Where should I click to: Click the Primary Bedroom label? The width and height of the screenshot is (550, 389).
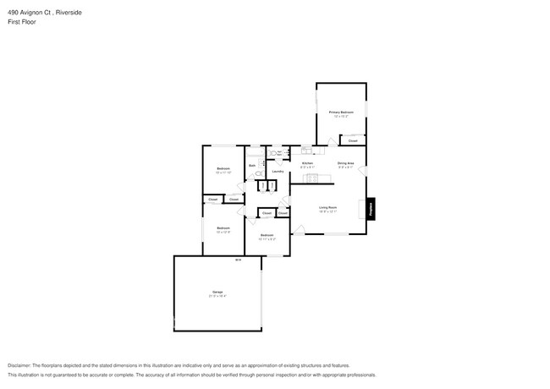click(x=340, y=112)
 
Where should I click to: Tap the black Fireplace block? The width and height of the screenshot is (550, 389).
click(x=371, y=210)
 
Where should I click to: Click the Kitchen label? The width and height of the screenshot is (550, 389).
click(x=307, y=163)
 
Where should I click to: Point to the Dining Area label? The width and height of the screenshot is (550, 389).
click(x=345, y=163)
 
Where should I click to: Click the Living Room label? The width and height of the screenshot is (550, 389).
click(x=327, y=207)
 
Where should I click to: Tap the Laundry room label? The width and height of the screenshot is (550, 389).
click(x=277, y=172)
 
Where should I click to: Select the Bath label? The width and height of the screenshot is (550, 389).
click(x=252, y=165)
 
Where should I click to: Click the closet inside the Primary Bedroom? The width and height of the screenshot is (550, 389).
click(x=353, y=140)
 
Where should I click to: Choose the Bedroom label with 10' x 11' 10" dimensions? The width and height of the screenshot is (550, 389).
click(x=223, y=169)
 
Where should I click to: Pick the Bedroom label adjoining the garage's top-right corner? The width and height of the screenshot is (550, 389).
click(x=267, y=234)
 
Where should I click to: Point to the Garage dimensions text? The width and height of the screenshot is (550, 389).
click(x=217, y=297)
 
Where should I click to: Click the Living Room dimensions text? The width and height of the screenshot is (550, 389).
click(x=327, y=212)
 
